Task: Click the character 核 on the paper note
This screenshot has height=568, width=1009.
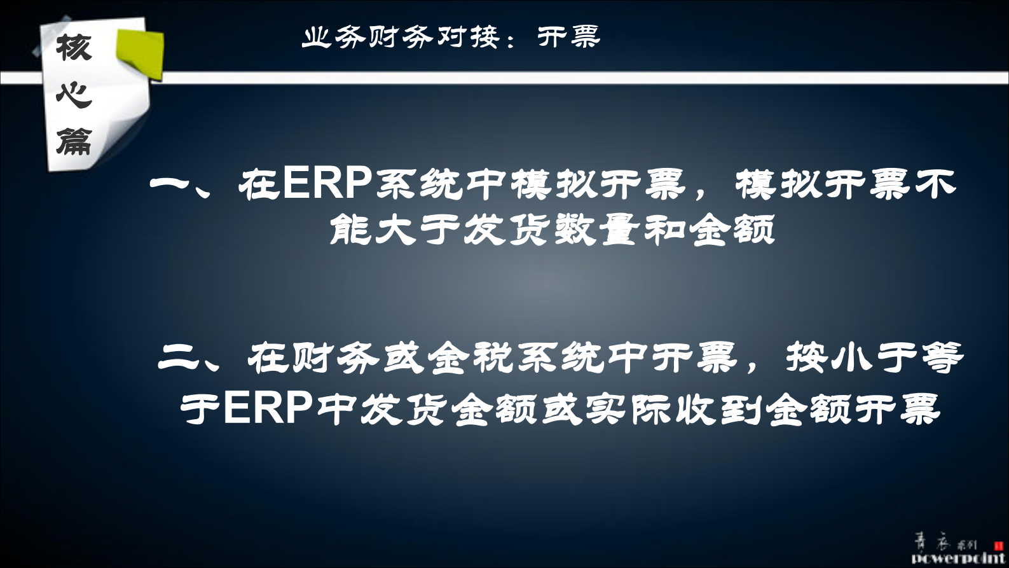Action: coord(74,47)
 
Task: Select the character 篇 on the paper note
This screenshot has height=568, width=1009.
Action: coord(74,141)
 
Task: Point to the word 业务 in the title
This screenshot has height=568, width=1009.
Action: coord(334,37)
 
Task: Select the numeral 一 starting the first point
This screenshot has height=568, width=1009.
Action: coord(170,184)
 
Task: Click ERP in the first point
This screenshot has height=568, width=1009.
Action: coord(327,183)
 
